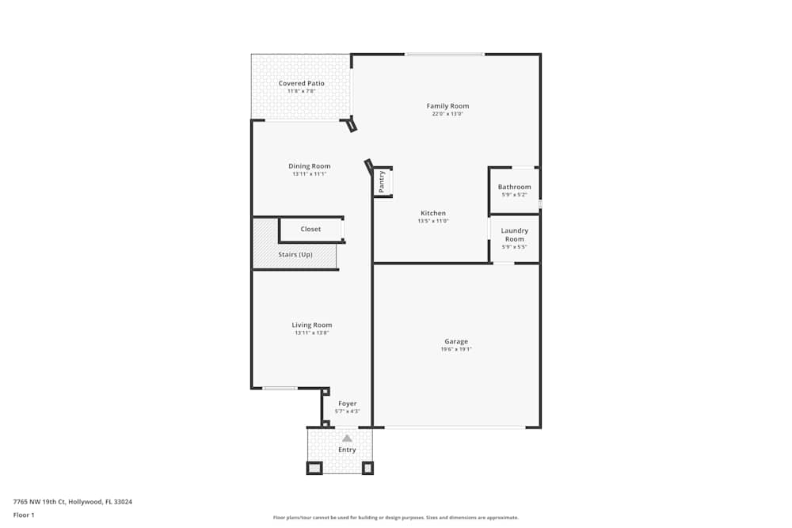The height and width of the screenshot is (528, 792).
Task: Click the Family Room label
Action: coord(447,106)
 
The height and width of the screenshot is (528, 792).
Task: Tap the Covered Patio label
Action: coord(301,83)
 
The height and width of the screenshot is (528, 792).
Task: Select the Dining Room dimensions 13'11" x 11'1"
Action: coord(309,174)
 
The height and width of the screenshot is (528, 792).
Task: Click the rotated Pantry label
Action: coord(382,181)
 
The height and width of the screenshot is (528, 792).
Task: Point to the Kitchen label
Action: coord(432,213)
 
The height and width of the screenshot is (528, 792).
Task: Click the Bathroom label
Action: coord(514,187)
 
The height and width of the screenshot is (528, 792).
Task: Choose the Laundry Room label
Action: coord(514,235)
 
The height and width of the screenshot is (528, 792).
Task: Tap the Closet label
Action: coord(310,230)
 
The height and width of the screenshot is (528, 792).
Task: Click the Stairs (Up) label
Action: coord(295,255)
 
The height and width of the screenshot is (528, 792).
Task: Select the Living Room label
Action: coord(311,325)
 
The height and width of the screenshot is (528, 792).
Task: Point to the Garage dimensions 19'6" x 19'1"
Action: coord(455,350)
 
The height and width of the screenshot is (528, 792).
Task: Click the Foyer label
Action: coord(347,404)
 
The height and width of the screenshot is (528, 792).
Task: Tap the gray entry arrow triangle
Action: coord(347,438)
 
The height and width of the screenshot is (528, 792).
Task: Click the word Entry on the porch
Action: coord(347,450)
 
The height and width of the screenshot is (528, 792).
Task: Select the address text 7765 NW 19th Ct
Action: coord(40,501)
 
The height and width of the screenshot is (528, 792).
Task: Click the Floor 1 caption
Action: coord(24,515)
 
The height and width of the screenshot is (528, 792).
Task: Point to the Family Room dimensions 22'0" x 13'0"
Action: coord(447,115)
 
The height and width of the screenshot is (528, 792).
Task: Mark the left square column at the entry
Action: coord(314,468)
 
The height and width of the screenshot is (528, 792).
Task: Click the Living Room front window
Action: coord(280,388)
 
